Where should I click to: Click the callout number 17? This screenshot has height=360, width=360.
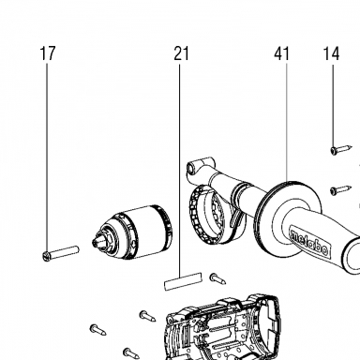click(48, 53)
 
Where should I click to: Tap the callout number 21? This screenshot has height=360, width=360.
click(181, 53)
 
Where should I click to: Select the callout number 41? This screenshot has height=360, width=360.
click(282, 53)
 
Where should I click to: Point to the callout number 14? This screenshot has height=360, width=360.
click(331, 53)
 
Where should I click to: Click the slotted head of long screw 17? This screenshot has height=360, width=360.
click(46, 257)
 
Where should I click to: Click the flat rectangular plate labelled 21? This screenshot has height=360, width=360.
click(183, 281)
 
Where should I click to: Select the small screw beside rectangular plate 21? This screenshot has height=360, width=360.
click(217, 278)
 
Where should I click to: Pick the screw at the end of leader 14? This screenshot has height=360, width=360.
click(341, 149)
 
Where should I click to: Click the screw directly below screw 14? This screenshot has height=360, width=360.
click(340, 189)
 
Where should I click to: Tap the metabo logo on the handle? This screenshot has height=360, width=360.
click(309, 244)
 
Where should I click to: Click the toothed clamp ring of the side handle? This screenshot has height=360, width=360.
click(198, 218)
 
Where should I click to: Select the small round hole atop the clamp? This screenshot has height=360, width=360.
click(190, 168)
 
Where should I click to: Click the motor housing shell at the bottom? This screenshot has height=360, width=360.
click(222, 327)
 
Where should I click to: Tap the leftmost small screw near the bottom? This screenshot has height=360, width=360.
click(97, 330)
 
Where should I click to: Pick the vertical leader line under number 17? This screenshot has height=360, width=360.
click(48, 157)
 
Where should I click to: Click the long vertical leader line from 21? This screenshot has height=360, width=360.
click(180, 170)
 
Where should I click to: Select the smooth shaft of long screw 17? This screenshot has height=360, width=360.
click(64, 252)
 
